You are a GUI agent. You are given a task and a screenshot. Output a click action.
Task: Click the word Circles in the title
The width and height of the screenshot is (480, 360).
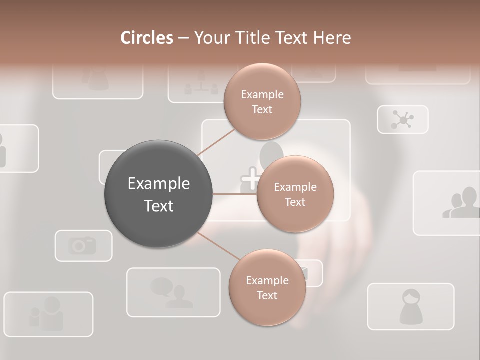pos(146,37)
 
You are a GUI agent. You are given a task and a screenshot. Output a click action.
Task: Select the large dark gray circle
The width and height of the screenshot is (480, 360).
pos(158,194)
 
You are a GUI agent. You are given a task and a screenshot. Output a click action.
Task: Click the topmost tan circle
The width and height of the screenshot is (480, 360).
pos(262,101)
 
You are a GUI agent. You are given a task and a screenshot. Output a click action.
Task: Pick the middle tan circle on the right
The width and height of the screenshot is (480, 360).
pos(295,194)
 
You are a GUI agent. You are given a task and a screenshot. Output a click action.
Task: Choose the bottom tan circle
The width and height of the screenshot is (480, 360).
pos(267,287)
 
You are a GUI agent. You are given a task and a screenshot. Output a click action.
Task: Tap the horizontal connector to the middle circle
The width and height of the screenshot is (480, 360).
pos(235,194)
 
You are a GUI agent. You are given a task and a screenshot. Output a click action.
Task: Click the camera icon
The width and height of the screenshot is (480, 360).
pos(83,245)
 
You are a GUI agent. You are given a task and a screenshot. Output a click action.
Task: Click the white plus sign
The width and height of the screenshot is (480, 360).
pos(251,178)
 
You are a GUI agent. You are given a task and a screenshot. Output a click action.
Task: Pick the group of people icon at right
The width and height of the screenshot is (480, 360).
pos(461,203)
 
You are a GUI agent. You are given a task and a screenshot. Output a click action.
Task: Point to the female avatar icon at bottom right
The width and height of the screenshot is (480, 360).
pos(411,306)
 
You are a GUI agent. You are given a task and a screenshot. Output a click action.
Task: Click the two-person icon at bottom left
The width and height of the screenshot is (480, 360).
pos(47,313)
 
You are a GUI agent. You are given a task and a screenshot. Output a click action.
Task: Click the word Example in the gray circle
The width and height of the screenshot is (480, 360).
pos(158,184)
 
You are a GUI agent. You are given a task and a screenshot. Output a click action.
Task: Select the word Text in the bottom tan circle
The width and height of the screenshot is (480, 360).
pos(267,295)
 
